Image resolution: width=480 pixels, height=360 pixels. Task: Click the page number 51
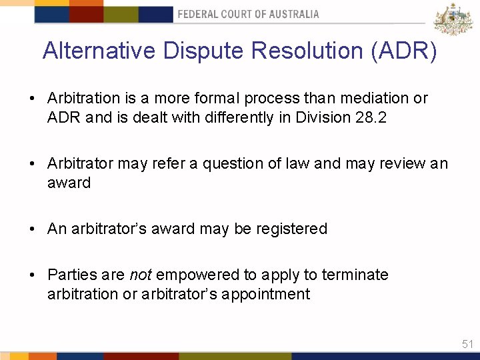(x=468, y=344)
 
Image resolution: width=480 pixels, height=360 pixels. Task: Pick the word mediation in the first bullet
(x=370, y=98)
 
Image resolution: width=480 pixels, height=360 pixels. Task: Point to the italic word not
(x=140, y=275)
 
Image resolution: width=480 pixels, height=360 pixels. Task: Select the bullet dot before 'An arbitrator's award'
(x=32, y=229)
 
